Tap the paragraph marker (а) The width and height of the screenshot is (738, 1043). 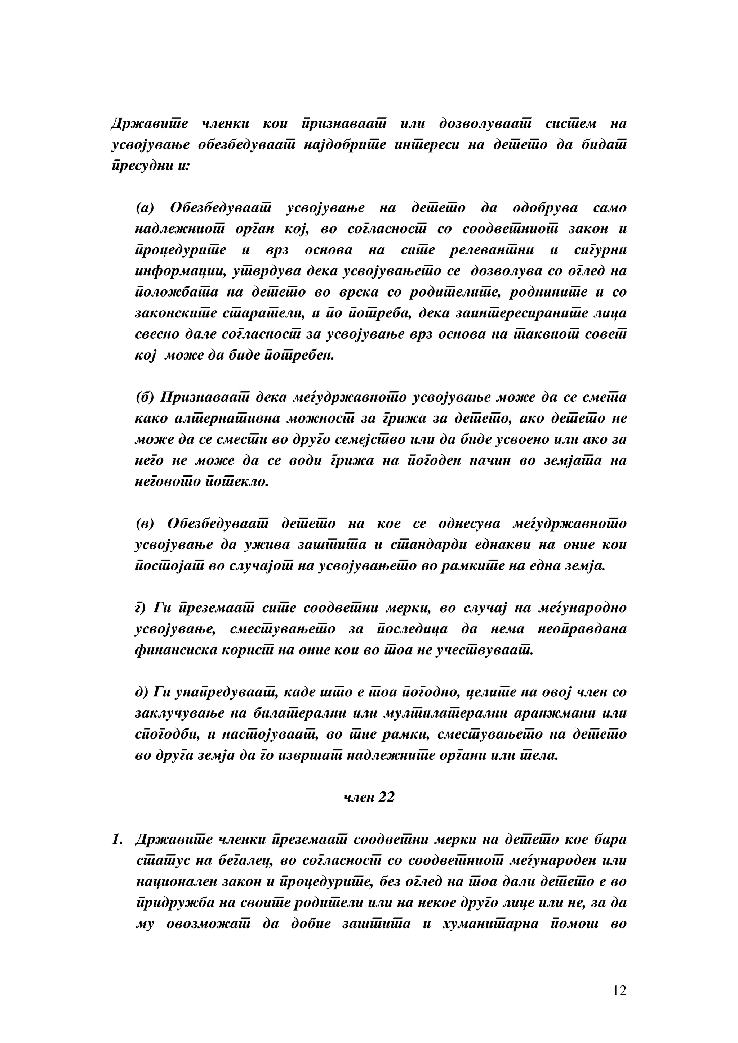tap(145, 208)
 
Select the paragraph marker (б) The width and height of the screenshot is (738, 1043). tap(146, 397)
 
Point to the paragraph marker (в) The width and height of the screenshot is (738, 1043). tap(145, 523)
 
